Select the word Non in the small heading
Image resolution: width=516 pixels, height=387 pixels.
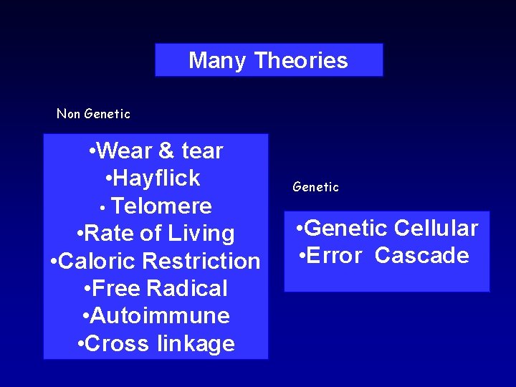(x=68, y=114)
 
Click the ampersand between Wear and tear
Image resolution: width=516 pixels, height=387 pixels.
(x=166, y=151)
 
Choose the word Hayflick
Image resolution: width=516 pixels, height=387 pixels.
(x=156, y=178)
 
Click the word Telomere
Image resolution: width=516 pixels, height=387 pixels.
(x=162, y=206)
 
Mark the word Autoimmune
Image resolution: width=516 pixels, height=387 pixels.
(x=161, y=316)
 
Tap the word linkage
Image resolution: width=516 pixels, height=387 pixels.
(x=195, y=344)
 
